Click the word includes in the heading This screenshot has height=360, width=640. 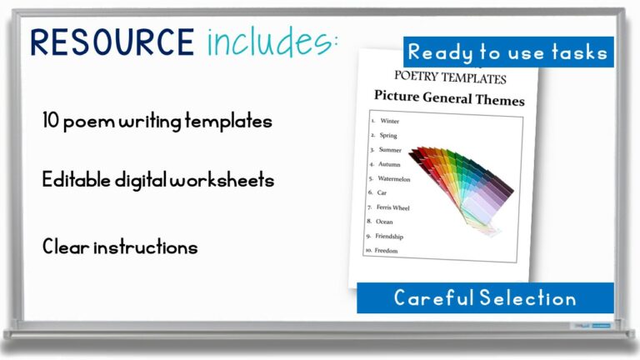(272, 42)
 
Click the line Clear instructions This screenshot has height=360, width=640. (120, 247)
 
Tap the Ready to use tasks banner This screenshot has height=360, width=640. (508, 52)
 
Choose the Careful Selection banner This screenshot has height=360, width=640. (485, 297)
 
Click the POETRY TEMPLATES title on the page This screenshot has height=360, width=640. (450, 80)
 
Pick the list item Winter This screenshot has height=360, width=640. (389, 122)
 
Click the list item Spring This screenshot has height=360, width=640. (388, 136)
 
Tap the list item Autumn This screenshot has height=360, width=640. (389, 164)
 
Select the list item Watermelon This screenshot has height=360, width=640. (394, 178)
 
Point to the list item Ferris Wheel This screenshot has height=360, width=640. (393, 207)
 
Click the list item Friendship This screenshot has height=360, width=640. (389, 237)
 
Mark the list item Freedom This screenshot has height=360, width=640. (387, 251)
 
